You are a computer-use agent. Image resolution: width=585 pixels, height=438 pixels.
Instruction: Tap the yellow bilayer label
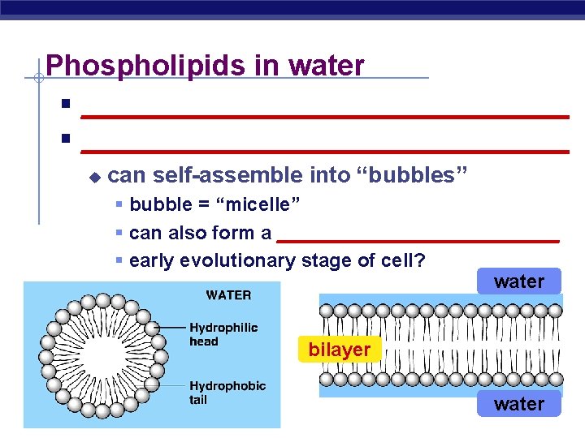(339, 350)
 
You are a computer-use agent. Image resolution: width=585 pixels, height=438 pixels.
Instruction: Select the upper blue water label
(518, 281)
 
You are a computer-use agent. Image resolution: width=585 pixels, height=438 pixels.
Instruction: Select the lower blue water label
(518, 403)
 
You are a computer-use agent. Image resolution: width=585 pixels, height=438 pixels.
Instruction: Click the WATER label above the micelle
(228, 294)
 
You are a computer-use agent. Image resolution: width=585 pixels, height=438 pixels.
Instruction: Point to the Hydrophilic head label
(223, 334)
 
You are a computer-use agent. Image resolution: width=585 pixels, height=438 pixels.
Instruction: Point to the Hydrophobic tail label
(227, 393)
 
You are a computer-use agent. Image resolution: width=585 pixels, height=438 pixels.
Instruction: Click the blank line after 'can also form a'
(418, 241)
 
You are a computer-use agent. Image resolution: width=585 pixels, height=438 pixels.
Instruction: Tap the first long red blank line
(324, 118)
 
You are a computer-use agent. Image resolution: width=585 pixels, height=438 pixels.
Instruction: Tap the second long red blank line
(324, 151)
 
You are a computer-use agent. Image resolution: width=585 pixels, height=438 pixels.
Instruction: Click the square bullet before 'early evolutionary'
(119, 261)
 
